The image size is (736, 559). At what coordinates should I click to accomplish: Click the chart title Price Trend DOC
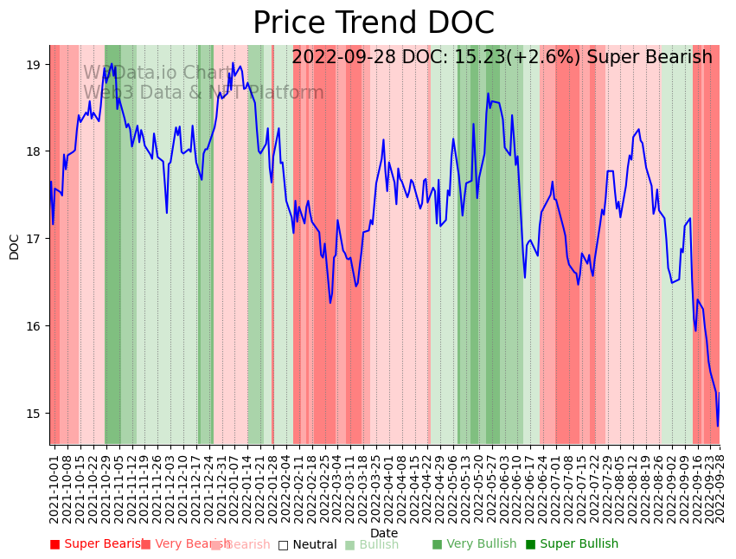pyautogui.click(x=373, y=23)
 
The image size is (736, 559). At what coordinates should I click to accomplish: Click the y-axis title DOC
pyautogui.click(x=14, y=246)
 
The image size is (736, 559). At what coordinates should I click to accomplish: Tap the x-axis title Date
pyautogui.click(x=384, y=533)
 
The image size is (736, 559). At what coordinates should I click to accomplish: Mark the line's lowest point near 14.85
pyautogui.click(x=717, y=426)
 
